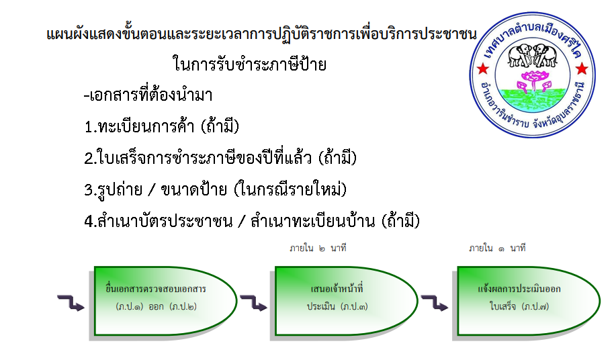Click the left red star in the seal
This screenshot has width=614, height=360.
click(x=483, y=69)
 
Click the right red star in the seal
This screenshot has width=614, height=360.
click(x=582, y=69)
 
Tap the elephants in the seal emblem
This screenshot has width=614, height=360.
click(x=532, y=55)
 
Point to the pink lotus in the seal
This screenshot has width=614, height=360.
click(x=533, y=80)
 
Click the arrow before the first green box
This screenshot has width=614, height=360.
click(x=71, y=303)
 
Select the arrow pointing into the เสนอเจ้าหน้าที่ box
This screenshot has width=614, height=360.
click(x=253, y=303)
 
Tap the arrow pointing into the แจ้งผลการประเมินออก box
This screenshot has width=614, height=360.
click(x=435, y=303)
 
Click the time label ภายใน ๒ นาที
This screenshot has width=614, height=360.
click(x=318, y=248)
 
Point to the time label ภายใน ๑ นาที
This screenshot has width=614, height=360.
click(x=497, y=248)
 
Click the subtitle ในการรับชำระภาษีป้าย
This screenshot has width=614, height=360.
click(x=250, y=64)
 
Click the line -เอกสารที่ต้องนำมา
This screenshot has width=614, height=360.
click(x=148, y=95)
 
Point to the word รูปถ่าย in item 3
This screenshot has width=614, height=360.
click(x=120, y=190)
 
